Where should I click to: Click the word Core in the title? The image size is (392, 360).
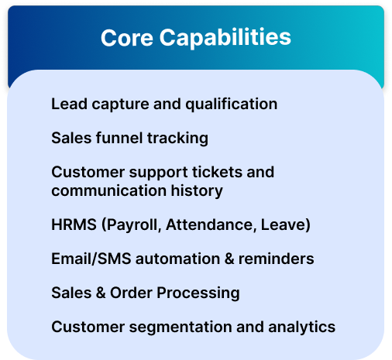(127, 38)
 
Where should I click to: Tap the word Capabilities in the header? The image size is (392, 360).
(225, 38)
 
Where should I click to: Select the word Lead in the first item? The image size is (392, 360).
(69, 104)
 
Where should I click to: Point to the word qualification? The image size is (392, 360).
(232, 105)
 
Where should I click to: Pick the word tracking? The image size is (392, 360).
(177, 139)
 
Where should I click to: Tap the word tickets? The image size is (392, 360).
(217, 172)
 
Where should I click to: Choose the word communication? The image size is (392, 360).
(108, 190)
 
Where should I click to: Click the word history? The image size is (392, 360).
(197, 191)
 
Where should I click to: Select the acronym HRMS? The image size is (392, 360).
(74, 225)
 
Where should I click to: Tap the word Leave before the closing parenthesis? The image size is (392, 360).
(284, 225)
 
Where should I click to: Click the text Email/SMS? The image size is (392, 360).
(91, 259)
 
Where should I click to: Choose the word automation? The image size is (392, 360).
(177, 259)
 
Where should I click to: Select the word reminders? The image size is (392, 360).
(276, 259)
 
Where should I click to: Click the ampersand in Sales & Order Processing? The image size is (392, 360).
(101, 293)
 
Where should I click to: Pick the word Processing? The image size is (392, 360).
(198, 293)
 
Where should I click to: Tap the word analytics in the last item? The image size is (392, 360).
(301, 327)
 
